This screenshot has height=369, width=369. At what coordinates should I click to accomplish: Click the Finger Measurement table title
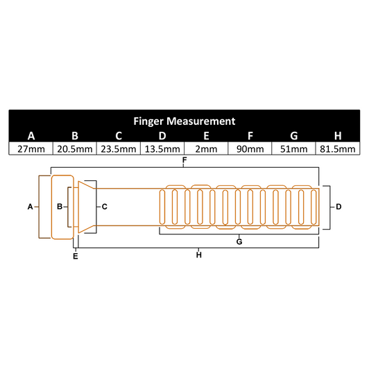184,121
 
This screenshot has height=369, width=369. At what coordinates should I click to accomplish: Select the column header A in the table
31,135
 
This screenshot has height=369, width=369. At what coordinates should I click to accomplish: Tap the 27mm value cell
31,148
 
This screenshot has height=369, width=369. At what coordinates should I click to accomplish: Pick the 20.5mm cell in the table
75,148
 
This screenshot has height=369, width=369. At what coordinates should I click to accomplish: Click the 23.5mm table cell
119,148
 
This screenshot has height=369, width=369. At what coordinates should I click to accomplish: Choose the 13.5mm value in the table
162,148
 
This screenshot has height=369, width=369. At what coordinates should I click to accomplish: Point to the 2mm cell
206,148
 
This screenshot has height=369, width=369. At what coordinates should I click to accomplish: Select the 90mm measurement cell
250,148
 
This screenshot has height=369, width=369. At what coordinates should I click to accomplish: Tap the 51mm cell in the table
293,148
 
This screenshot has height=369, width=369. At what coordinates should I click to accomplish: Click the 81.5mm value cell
337,148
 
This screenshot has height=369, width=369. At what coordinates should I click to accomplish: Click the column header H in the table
337,135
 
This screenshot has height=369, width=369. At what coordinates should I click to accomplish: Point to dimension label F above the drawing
184,161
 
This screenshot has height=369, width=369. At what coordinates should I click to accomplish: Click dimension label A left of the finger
30,207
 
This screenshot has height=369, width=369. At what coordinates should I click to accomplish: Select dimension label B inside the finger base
60,207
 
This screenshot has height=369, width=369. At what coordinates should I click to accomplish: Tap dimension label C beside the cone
103,207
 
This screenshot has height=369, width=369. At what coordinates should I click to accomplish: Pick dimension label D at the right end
338,207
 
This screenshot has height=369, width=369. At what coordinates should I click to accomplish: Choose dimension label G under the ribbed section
239,241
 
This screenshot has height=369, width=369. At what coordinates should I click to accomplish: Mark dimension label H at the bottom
198,255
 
